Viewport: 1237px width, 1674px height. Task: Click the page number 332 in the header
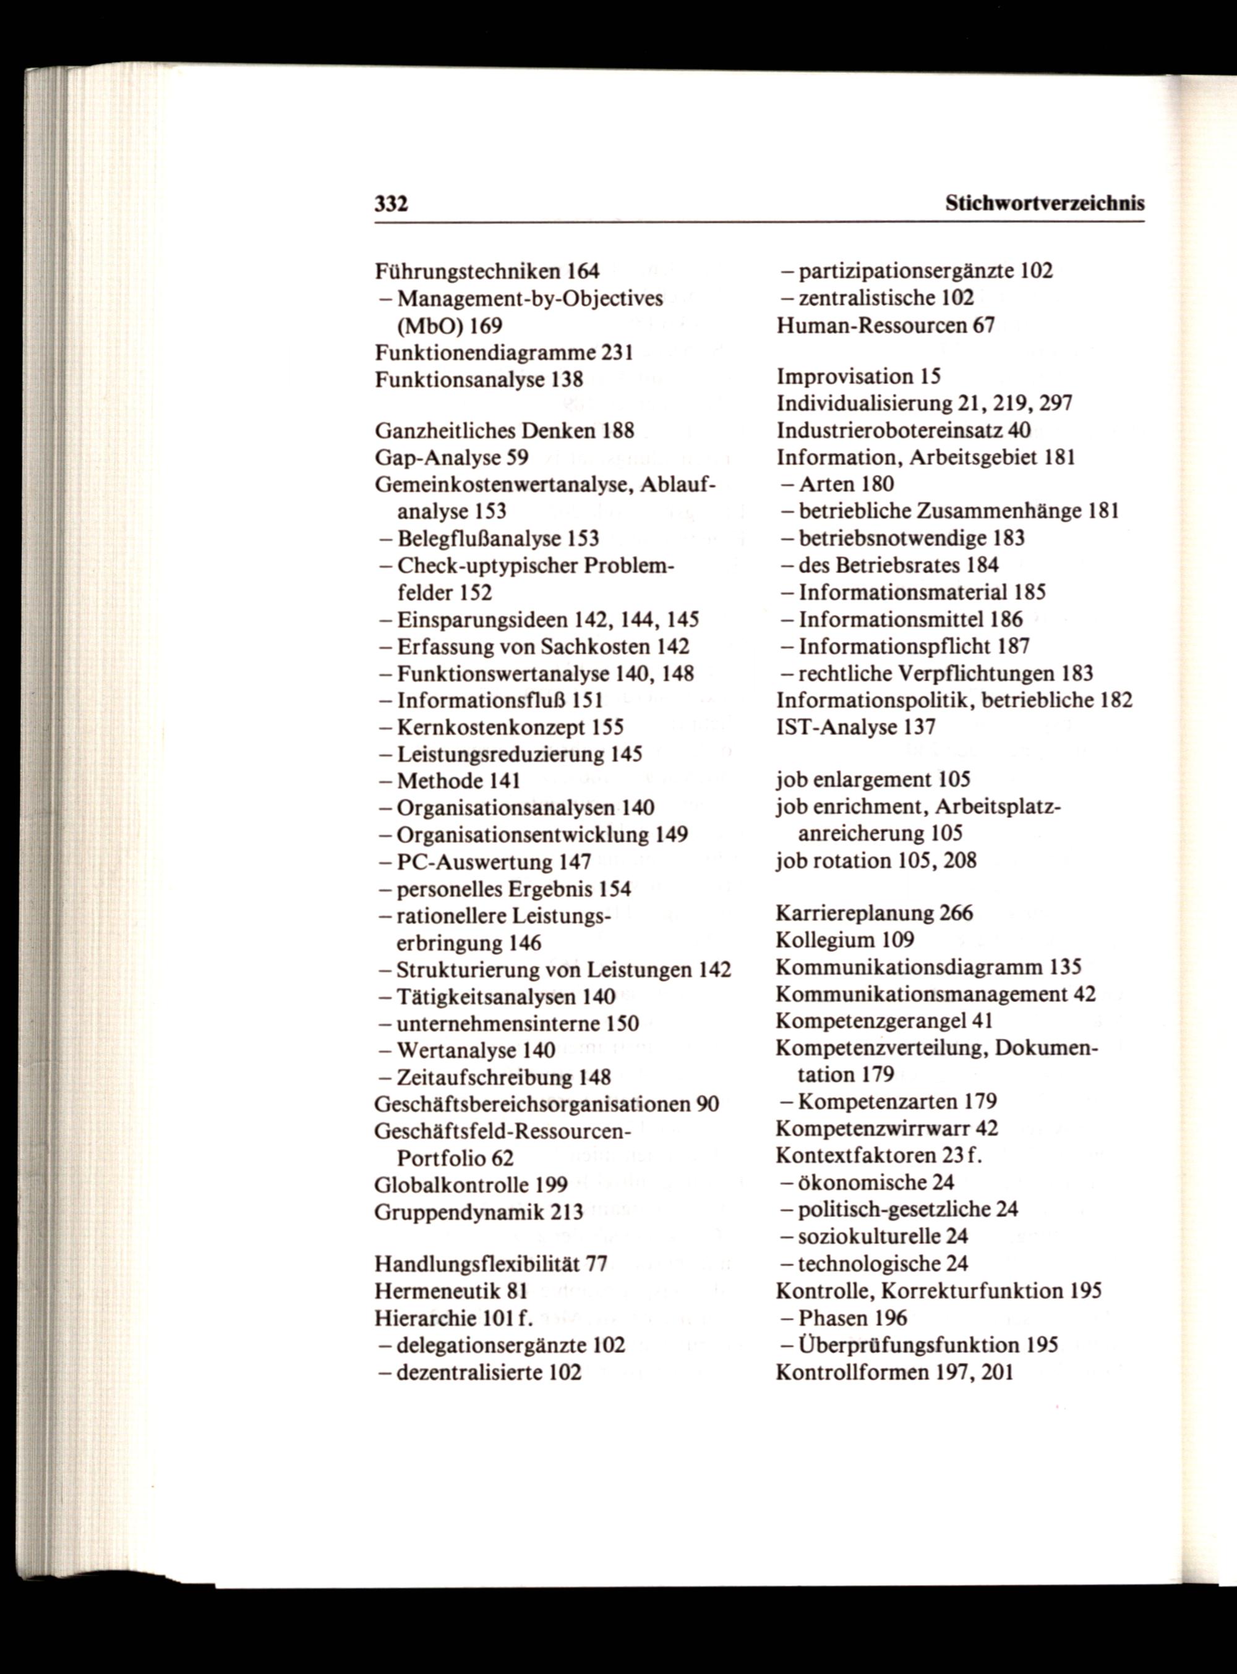pyautogui.click(x=391, y=203)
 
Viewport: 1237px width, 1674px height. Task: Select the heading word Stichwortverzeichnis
pyautogui.click(x=1045, y=203)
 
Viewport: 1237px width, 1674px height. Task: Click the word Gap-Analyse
pyautogui.click(x=437, y=457)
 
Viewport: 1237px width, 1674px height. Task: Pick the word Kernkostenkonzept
pyautogui.click(x=491, y=728)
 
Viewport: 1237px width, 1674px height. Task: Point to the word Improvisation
pyautogui.click(x=845, y=376)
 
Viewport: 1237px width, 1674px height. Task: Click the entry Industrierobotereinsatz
pyautogui.click(x=889, y=430)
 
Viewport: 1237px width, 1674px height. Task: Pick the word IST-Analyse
pyautogui.click(x=836, y=728)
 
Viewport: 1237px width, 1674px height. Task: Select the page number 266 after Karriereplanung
pyautogui.click(x=956, y=914)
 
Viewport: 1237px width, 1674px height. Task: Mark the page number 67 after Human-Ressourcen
pyautogui.click(x=984, y=326)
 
